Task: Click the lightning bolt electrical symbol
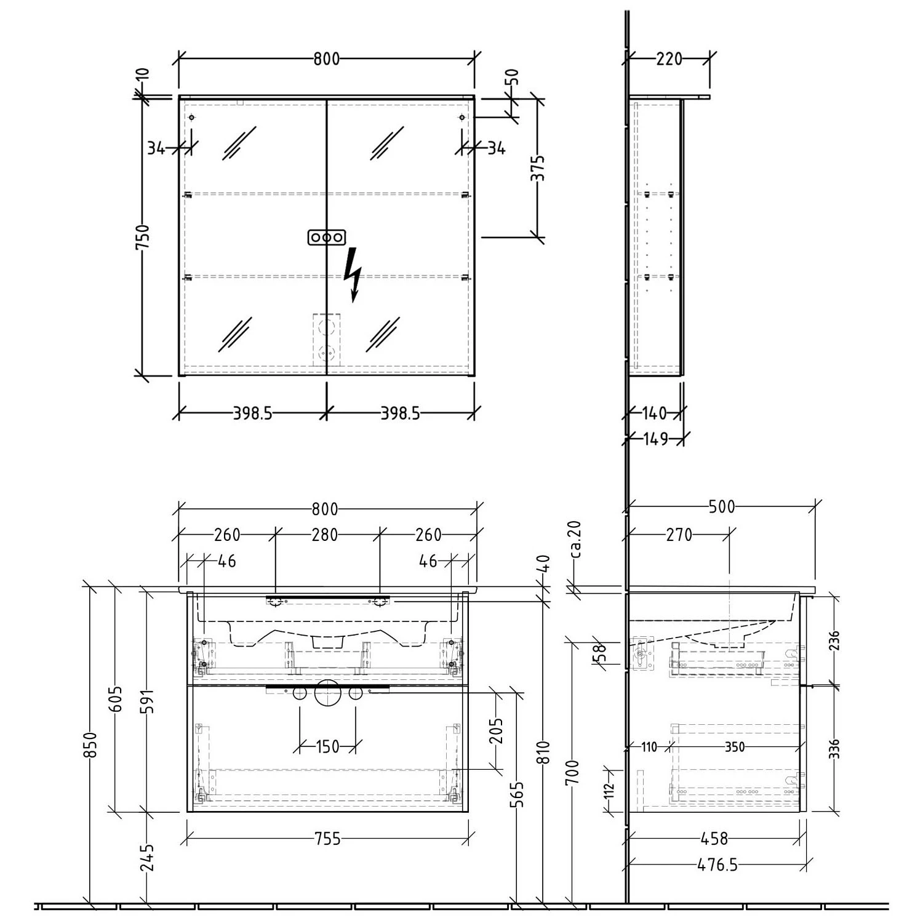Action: pos(353,274)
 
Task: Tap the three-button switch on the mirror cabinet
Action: pos(326,238)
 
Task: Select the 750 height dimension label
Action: pos(142,237)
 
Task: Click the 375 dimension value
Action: pos(538,167)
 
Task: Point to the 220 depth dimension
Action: pos(669,59)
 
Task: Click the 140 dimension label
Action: pos(653,413)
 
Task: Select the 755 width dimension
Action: pos(327,838)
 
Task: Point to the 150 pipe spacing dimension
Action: pos(327,746)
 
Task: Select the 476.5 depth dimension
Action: pos(717,865)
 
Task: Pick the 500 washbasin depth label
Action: pos(721,506)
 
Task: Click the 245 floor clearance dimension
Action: pos(146,857)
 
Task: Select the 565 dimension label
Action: pos(517,794)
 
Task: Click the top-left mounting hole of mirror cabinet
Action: pos(191,117)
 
